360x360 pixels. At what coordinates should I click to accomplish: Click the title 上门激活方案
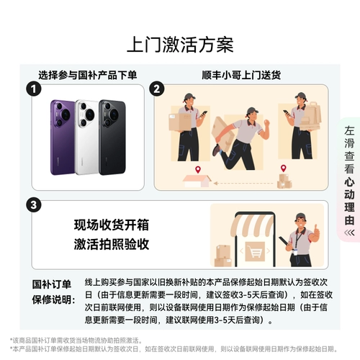[179, 45]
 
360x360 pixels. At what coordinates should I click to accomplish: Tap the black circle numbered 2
[157, 89]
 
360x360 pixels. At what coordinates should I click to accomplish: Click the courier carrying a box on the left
[186, 126]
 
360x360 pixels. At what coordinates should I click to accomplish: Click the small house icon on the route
[193, 181]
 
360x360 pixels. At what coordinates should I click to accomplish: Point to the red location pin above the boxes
[283, 170]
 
